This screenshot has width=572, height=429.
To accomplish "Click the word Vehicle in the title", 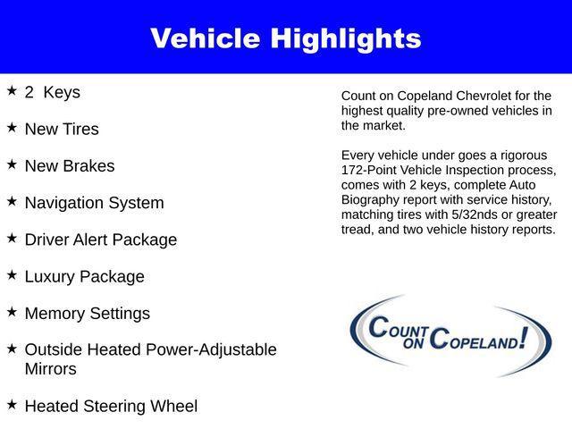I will click(203, 38).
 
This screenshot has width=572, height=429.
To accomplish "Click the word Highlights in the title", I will click(342, 38).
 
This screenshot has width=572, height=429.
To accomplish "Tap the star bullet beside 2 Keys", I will click(12, 91).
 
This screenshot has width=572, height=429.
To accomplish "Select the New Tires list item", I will click(62, 129).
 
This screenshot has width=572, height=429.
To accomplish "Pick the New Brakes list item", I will click(70, 166).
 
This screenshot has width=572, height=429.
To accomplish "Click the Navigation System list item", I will click(94, 203).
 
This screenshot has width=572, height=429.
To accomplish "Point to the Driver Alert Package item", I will click(100, 240).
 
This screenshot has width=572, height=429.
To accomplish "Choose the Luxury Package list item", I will click(84, 277).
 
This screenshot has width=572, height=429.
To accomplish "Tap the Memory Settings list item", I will click(87, 314).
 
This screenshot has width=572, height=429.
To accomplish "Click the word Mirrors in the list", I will click(51, 369).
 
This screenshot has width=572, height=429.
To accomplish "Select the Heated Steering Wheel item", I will click(111, 406).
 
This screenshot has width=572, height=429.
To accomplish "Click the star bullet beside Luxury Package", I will click(12, 275).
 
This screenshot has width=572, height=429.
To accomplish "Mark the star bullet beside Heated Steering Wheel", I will click(12, 404).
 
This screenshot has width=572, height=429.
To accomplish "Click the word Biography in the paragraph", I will click(372, 199).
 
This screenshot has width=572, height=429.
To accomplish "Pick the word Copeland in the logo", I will click(483, 339).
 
